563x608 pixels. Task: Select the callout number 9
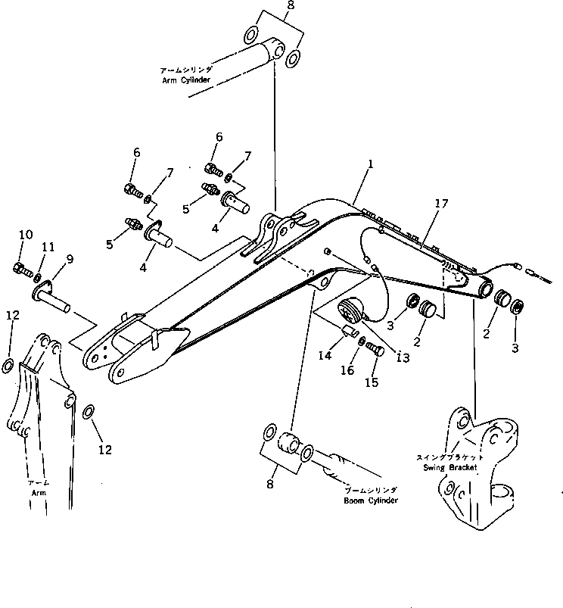[69, 260]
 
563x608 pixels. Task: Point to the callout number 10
[25, 235]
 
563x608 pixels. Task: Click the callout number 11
[48, 247]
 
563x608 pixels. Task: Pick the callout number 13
[403, 358]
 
